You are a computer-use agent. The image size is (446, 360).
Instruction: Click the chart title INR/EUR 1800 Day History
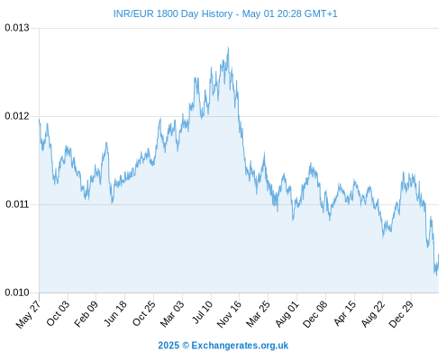[173, 13]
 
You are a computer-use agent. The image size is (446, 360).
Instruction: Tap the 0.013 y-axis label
[17, 28]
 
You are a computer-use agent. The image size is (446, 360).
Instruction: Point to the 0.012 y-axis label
[17, 116]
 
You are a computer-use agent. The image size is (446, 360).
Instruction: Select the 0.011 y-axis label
[17, 204]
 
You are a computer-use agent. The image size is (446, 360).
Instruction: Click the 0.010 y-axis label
[17, 292]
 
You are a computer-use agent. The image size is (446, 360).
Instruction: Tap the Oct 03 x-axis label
[58, 313]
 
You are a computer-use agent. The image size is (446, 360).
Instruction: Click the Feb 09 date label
[86, 313]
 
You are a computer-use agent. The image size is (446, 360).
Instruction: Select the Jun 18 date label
[115, 313]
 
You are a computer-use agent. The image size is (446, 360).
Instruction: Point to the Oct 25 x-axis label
[144, 313]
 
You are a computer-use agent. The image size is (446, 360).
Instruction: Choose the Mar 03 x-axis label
[172, 313]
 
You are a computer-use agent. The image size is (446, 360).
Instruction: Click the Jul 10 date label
[202, 311]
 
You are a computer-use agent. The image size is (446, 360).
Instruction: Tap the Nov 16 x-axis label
[229, 313]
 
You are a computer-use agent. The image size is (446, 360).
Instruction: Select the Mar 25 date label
[259, 313]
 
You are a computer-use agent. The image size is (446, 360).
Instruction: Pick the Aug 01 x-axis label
[287, 313]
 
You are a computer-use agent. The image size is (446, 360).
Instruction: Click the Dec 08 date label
[315, 313]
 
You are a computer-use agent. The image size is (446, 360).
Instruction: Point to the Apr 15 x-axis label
[345, 312]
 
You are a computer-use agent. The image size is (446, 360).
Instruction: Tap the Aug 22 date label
[373, 313]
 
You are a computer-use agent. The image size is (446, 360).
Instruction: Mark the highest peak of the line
[228, 48]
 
